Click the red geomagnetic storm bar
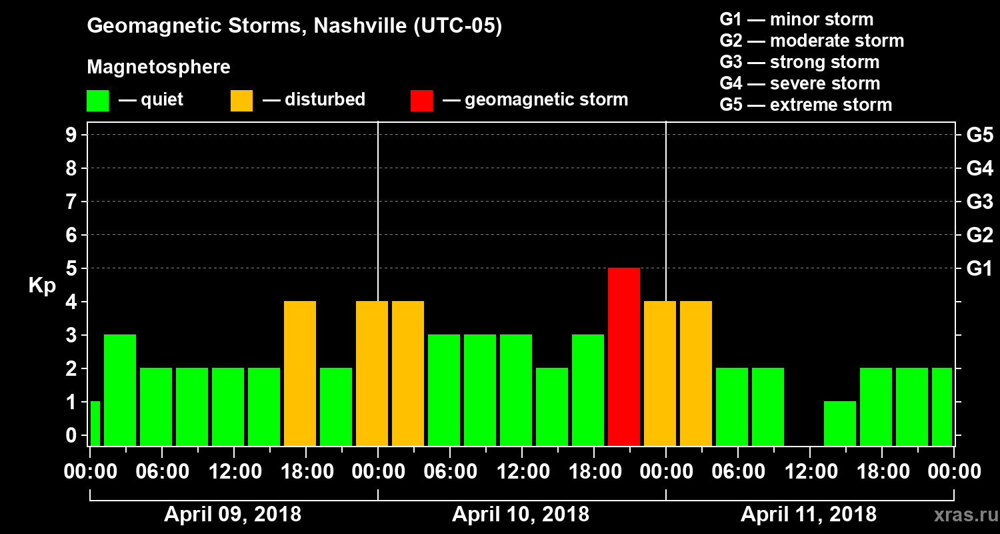[624, 356]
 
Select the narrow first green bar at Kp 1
[95, 423]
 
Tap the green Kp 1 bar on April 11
[840, 423]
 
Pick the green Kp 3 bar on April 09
[120, 390]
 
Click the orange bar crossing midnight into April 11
[660, 373]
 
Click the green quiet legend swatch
[98, 101]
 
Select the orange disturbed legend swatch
[241, 101]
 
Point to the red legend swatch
[421, 101]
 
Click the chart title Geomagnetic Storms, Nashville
[294, 26]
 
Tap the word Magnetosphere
[159, 67]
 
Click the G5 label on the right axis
[979, 135]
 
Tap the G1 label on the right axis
[979, 268]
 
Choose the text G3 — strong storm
[799, 62]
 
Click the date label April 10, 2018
[521, 515]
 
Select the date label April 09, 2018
[233, 515]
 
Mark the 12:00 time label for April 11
[809, 472]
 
